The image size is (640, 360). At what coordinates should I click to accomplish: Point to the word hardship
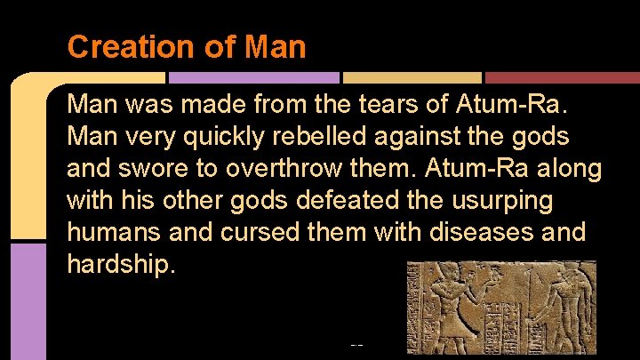pos(117,265)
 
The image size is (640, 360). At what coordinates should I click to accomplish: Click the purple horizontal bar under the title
pos(253,78)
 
